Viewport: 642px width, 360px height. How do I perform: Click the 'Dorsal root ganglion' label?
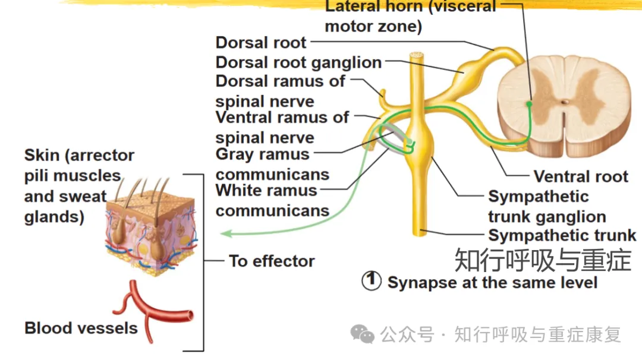coord(298,62)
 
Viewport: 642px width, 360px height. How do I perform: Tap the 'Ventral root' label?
coord(581,176)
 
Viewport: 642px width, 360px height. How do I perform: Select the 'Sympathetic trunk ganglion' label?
coord(547,207)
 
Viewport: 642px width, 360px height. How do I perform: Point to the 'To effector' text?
coord(272,261)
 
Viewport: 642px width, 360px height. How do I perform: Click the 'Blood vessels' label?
coord(81,328)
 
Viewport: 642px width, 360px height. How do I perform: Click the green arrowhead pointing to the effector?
coord(226,233)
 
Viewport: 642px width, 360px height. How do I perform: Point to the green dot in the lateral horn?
coord(529,104)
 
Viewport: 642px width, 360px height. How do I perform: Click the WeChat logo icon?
coord(363,334)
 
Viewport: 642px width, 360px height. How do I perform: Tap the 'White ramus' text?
coord(266,190)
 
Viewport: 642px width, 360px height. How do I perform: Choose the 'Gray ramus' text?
coord(263,154)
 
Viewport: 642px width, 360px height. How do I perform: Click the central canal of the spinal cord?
coord(565,102)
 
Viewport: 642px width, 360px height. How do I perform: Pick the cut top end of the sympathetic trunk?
coord(416,55)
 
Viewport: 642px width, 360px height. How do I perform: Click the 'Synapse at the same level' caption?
coord(492,283)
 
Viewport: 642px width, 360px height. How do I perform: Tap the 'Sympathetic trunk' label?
coord(562,235)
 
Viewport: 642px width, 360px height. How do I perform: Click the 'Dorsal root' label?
coord(261,43)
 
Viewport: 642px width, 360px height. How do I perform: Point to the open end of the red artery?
coord(190,315)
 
